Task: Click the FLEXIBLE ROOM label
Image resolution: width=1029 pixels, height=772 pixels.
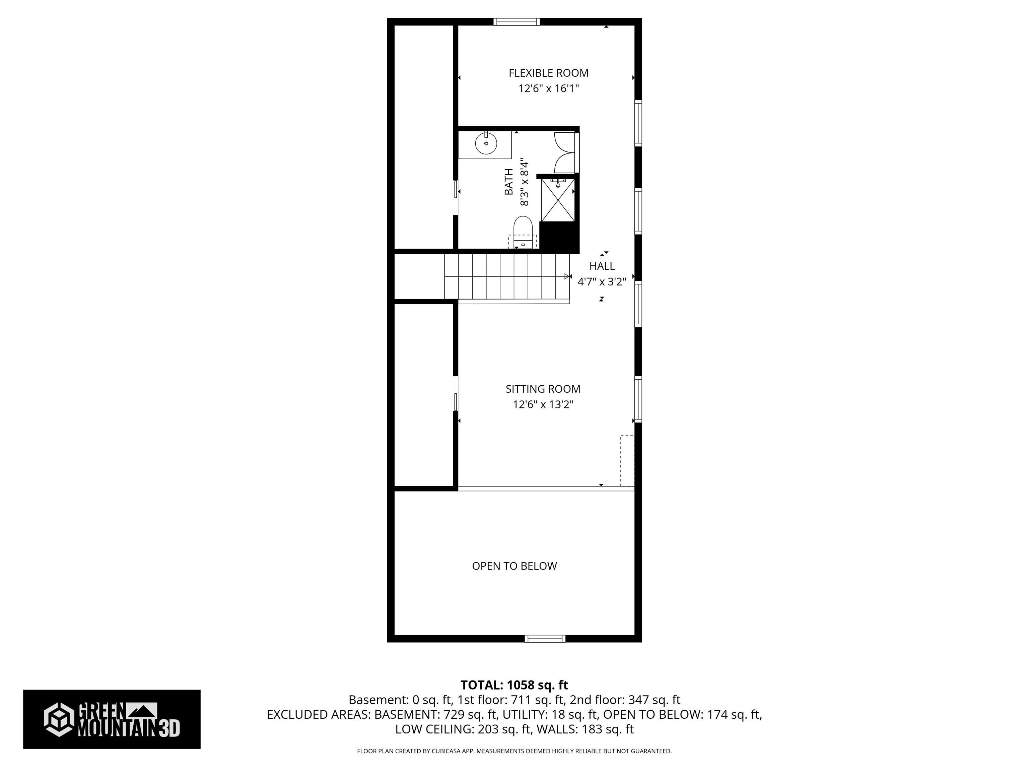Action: click(548, 73)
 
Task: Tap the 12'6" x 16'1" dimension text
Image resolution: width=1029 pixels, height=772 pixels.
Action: click(548, 88)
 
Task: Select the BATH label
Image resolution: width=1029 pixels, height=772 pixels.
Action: click(509, 182)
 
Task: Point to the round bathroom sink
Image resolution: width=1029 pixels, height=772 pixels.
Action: click(486, 144)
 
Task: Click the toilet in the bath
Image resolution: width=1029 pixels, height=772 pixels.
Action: click(523, 230)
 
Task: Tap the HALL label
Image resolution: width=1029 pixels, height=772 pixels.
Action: click(602, 266)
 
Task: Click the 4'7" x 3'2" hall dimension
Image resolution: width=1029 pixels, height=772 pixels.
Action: click(602, 281)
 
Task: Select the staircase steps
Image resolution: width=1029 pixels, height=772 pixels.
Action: click(507, 276)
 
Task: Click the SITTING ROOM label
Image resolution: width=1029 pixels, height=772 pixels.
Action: click(543, 389)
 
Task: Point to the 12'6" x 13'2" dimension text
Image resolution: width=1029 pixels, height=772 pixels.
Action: click(543, 404)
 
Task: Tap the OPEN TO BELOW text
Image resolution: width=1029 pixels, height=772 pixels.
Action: click(514, 566)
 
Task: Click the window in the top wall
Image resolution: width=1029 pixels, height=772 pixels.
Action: click(517, 21)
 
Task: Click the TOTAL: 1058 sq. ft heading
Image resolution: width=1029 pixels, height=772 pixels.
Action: click(514, 685)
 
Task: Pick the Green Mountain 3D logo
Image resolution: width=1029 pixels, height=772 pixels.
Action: click(112, 719)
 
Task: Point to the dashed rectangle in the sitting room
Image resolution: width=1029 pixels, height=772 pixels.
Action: click(627, 460)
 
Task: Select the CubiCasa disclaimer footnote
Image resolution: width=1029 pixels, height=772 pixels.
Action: click(514, 751)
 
